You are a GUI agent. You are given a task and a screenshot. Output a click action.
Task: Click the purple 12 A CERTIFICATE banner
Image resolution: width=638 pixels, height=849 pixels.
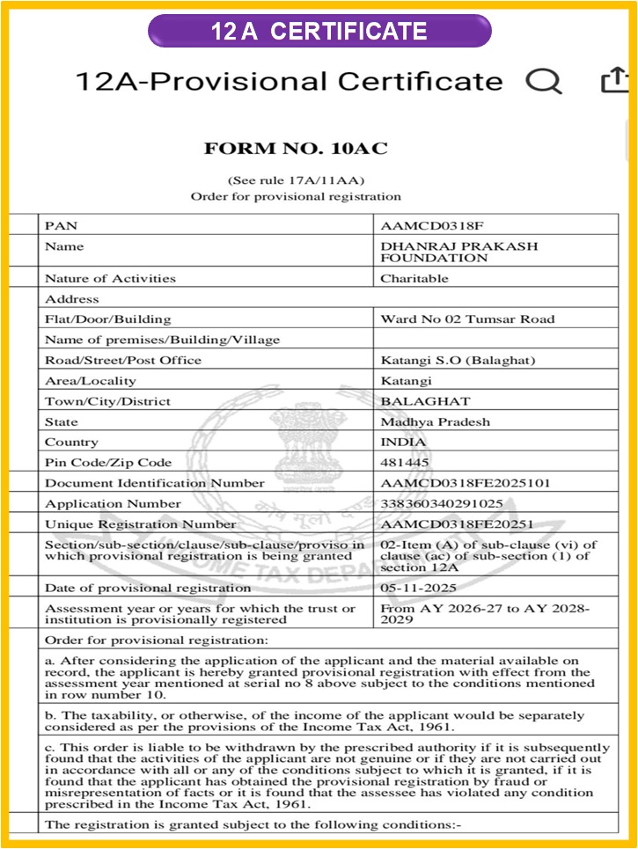point(319,32)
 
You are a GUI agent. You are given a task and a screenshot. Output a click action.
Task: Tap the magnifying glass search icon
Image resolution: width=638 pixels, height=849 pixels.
point(543,81)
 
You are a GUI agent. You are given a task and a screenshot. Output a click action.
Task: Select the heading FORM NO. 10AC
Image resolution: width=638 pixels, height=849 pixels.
point(296,149)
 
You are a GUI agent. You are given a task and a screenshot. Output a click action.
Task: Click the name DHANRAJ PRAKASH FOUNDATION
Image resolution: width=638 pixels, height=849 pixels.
point(458,253)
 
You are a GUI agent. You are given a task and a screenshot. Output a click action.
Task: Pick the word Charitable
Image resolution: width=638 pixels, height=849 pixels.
point(414,279)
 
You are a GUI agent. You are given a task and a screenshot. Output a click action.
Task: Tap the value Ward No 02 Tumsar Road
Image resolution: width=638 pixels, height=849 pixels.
point(467,319)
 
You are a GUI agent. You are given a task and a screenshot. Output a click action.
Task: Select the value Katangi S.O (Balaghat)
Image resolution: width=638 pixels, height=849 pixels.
point(458,360)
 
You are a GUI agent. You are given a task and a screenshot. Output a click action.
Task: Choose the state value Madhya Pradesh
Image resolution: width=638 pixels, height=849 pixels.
point(435,421)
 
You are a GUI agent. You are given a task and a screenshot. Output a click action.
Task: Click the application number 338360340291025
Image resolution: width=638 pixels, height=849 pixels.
point(441,504)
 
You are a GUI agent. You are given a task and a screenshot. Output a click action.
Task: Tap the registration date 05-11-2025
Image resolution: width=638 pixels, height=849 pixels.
point(417,588)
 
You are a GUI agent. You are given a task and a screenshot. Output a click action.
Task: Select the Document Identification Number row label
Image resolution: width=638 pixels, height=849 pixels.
point(154,483)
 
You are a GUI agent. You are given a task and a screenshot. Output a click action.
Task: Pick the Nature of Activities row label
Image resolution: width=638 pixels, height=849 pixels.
point(110,279)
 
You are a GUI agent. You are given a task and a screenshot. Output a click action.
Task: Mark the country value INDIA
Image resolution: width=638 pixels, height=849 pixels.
point(403,442)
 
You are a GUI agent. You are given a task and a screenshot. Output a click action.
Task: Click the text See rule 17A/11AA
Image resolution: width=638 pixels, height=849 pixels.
point(296,180)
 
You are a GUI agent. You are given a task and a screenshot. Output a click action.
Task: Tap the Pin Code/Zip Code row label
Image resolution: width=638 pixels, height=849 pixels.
point(108,463)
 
